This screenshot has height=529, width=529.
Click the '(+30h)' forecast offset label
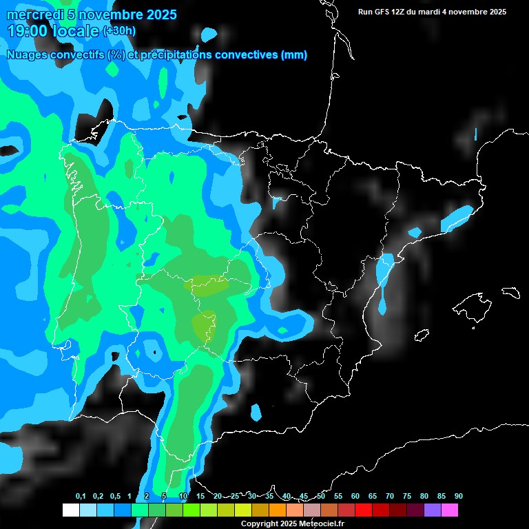point(119,30)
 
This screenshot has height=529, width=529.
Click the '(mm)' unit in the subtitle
point(294,55)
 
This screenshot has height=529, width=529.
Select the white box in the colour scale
point(70,510)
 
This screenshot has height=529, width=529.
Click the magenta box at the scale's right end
point(450,510)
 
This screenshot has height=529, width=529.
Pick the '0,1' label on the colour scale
point(81,497)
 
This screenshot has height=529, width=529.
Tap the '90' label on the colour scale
point(459,497)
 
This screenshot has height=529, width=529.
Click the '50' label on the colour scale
point(321,497)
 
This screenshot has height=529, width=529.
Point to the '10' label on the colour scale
point(183,497)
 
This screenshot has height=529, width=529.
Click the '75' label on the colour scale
point(407,497)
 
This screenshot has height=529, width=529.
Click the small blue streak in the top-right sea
point(475,134)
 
